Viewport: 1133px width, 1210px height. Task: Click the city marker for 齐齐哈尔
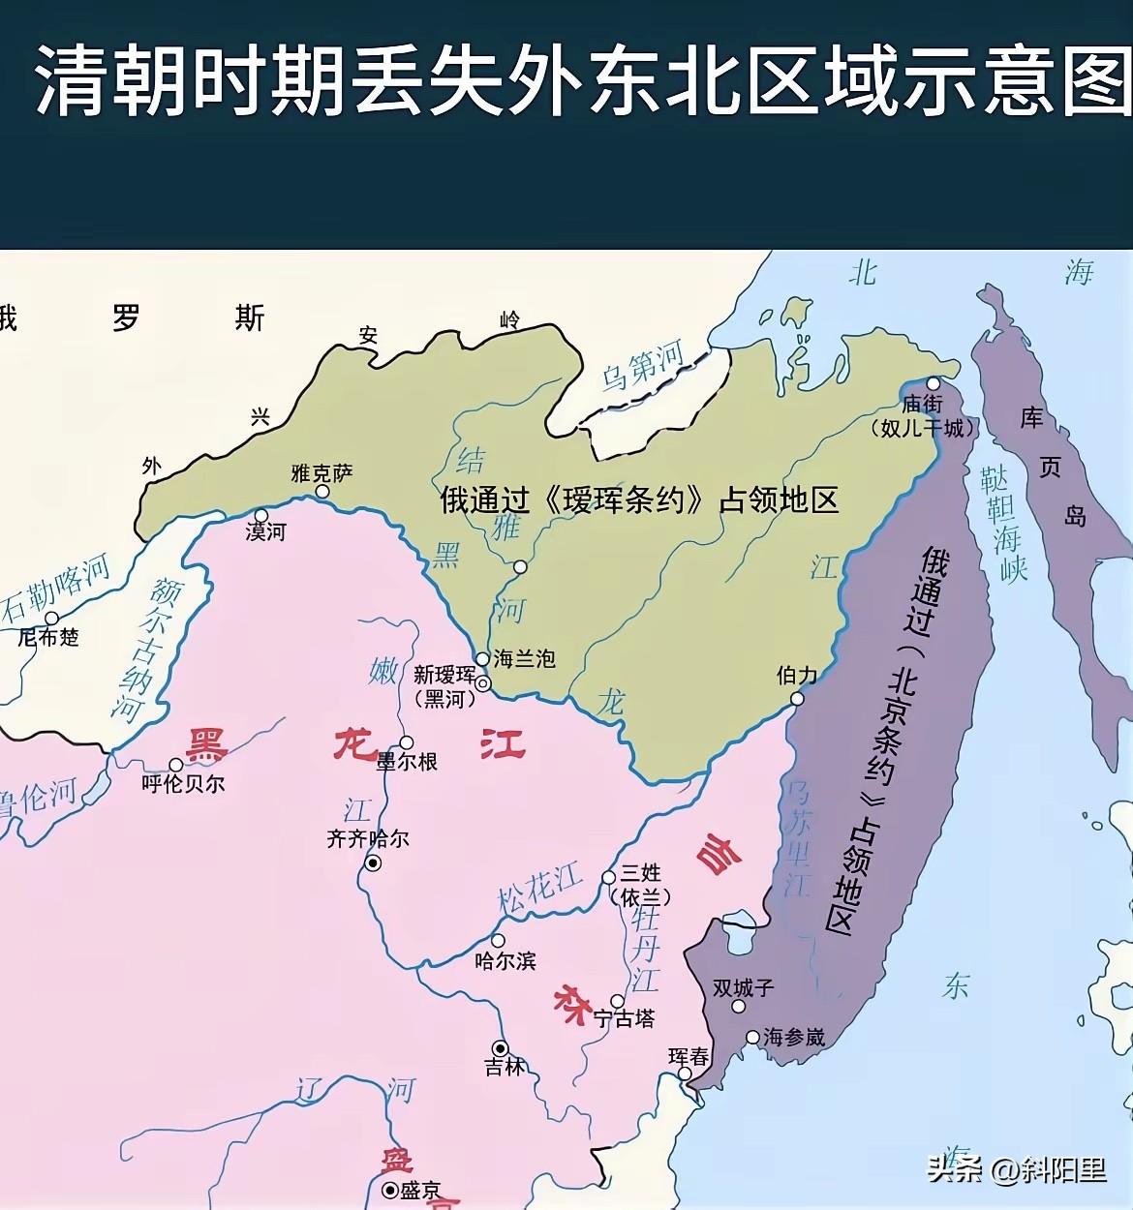[x=373, y=863]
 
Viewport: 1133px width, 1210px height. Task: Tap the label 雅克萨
[x=322, y=473]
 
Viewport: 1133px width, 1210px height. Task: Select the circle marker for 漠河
[x=260, y=516]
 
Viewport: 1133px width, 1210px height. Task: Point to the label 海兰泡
[x=524, y=659]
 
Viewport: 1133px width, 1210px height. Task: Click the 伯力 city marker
[x=797, y=699]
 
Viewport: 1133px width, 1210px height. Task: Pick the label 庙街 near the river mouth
[x=922, y=405]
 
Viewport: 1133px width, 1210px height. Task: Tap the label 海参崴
[x=794, y=1038]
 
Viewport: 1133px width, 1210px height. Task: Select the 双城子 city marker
[x=738, y=1007]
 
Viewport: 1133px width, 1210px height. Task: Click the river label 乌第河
[x=643, y=366]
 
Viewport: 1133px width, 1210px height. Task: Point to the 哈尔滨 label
[x=505, y=961]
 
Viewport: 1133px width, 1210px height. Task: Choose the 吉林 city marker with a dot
[x=500, y=1048]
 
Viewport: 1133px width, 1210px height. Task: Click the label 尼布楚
[x=48, y=637]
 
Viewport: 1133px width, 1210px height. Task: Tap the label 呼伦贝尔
[x=184, y=784]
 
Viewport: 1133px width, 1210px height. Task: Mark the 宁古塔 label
[x=624, y=1019]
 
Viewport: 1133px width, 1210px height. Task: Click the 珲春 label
[x=689, y=1057]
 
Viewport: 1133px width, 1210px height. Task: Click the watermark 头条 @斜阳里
[x=1016, y=1169]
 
